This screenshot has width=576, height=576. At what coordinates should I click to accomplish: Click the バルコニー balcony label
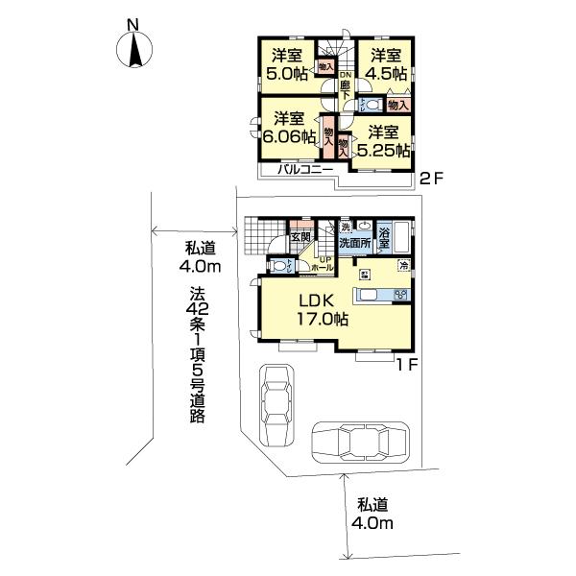304,169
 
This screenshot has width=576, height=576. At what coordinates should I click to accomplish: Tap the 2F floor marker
431,177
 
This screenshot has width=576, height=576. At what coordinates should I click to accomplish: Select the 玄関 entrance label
299,237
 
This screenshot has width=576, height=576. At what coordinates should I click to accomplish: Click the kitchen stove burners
401,295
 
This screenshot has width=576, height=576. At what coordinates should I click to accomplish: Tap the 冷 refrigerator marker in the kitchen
404,266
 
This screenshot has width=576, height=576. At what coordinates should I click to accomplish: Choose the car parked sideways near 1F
356,444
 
